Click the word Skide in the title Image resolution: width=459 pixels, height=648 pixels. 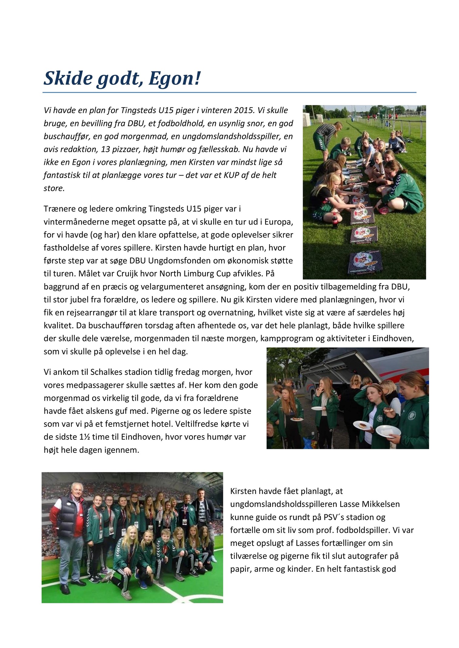(68, 78)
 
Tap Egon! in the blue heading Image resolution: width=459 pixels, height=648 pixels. (175, 78)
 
